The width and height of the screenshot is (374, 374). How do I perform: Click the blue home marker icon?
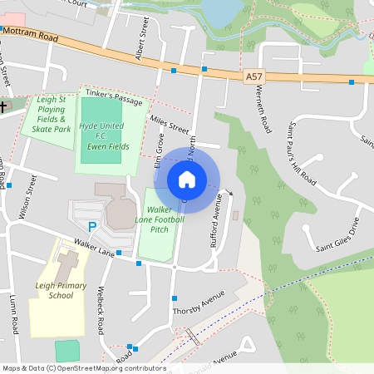click(x=187, y=179)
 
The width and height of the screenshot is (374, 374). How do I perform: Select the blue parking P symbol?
click(x=92, y=226)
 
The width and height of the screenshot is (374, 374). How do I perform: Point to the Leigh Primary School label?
click(x=61, y=289)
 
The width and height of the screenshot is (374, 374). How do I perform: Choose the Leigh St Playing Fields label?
click(x=51, y=114)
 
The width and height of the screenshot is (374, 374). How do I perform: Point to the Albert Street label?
click(x=141, y=41)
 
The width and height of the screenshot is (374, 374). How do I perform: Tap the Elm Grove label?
click(x=158, y=152)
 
